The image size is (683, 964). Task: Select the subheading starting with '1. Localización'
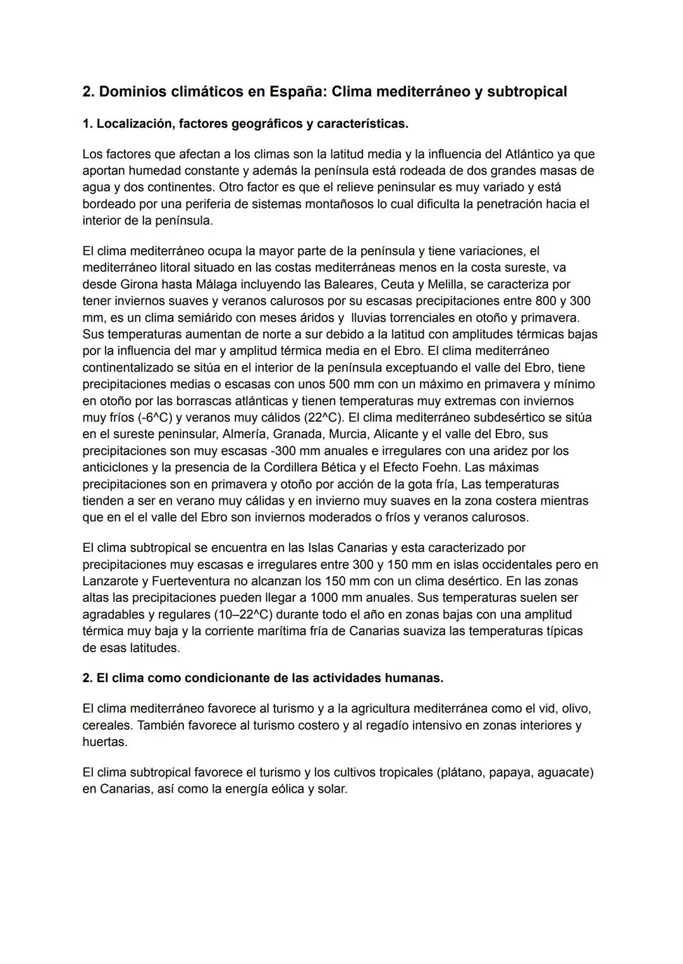point(245,124)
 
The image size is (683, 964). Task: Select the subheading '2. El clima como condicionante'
point(263,678)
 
